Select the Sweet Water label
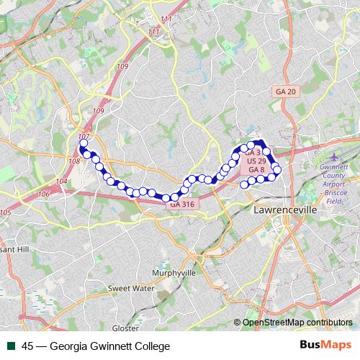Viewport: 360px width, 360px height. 132,288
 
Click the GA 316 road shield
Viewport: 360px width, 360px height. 182,204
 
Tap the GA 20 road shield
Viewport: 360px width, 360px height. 286,91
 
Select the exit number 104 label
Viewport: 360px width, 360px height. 61,181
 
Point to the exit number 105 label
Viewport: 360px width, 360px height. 6,212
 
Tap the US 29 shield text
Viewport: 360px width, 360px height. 256,161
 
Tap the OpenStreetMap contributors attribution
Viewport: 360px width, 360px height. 297,322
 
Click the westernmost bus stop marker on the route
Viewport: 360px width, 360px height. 83,143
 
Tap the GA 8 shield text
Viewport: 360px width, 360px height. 256,170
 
